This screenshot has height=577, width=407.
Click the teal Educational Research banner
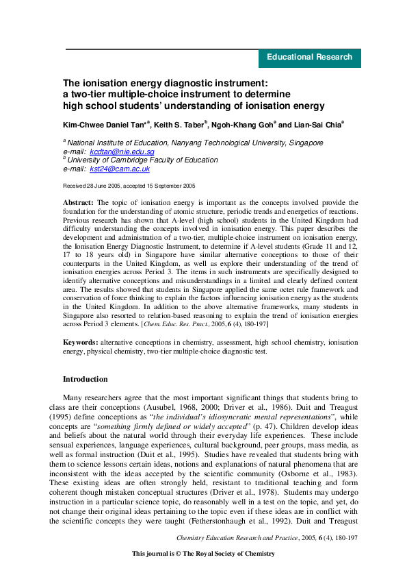pos(309,58)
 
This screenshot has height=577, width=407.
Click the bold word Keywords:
pos(80,341)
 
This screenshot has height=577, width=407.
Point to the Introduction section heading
pos(85,379)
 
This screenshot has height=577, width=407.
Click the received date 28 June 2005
pos(109,186)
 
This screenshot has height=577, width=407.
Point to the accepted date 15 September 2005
pos(171,186)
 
